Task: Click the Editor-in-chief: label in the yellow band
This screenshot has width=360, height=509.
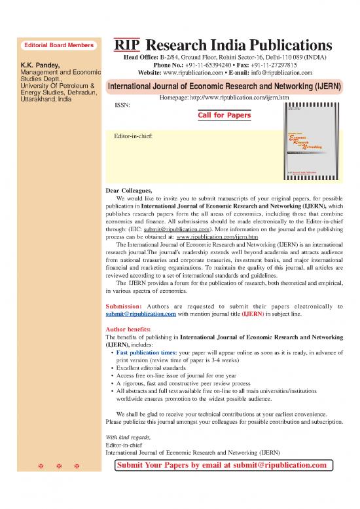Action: [x=134, y=137]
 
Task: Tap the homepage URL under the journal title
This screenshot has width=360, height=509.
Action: [x=224, y=97]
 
